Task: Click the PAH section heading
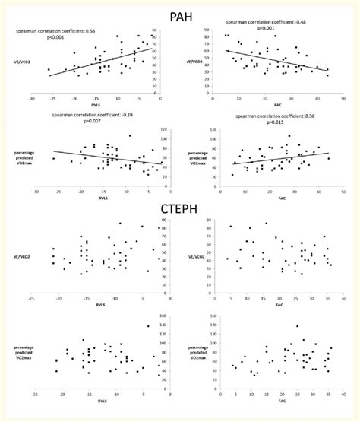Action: point(180,10)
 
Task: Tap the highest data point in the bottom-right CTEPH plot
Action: point(297,326)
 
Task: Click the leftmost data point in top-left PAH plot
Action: point(49,70)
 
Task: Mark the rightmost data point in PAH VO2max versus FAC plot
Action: point(328,157)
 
